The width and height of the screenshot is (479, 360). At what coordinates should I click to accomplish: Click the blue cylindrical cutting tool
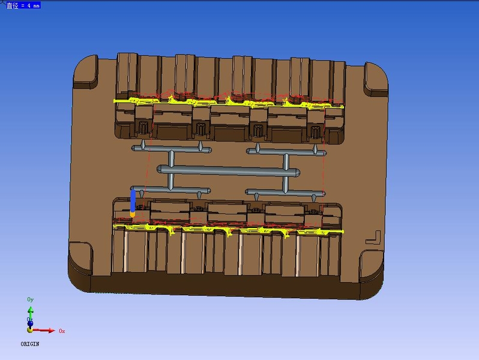click(133, 201)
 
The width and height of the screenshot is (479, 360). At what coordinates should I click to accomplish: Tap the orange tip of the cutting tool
click(133, 215)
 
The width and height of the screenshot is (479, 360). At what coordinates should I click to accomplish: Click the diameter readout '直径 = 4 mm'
click(23, 5)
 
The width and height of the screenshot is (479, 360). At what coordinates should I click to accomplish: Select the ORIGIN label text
click(30, 344)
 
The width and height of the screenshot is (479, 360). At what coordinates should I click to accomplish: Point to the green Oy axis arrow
click(31, 314)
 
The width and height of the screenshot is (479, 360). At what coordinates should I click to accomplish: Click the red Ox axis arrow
click(44, 331)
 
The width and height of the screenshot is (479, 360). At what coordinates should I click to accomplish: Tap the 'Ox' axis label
click(62, 331)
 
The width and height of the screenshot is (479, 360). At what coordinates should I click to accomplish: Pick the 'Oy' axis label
click(30, 299)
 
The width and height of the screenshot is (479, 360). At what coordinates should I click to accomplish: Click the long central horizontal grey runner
click(228, 170)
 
